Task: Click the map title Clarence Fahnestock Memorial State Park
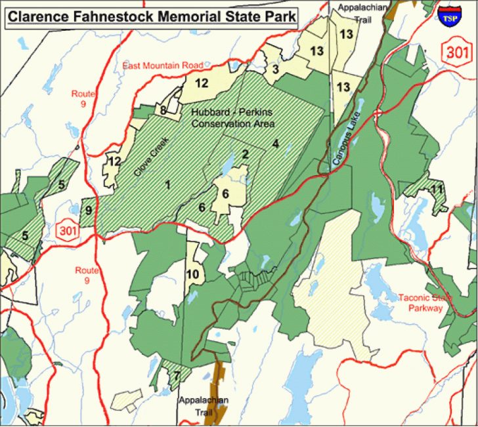pyautogui.click(x=151, y=16)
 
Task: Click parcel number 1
pyautogui.click(x=168, y=186)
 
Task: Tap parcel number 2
pyautogui.click(x=245, y=154)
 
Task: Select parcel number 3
pyautogui.click(x=276, y=70)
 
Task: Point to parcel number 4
pyautogui.click(x=276, y=144)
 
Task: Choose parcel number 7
pyautogui.click(x=176, y=375)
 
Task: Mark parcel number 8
pyautogui.click(x=163, y=110)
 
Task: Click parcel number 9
pyautogui.click(x=88, y=211)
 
